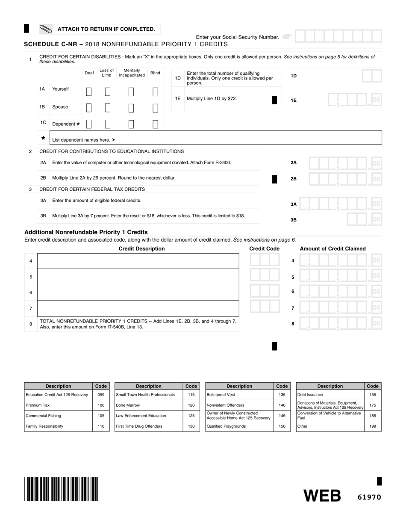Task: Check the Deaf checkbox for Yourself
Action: tap(89, 92)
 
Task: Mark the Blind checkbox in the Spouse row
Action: tap(156, 108)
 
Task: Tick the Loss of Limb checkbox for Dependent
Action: tap(108, 124)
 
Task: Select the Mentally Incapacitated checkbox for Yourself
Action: tap(131, 92)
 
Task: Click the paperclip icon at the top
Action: tap(46, 29)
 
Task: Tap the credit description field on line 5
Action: tap(138, 277)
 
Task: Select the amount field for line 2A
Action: tap(344, 163)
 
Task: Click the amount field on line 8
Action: tap(340, 324)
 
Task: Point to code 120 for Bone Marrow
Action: tap(191, 405)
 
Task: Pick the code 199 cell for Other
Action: tap(373, 426)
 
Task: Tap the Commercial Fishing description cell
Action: tap(58, 416)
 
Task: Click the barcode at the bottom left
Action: tap(62, 489)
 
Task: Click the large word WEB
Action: tap(322, 496)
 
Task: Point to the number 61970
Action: tap(369, 497)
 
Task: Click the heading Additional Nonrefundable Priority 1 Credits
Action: tap(86, 232)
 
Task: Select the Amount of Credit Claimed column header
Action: tap(332, 248)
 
